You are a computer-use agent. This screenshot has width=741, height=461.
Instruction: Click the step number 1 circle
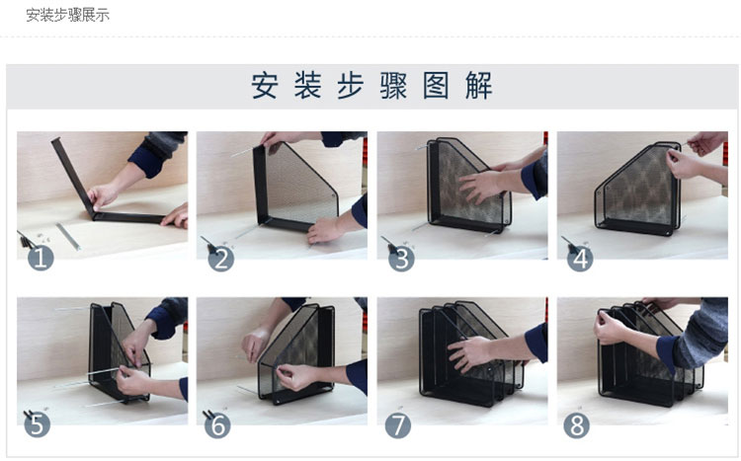(41, 259)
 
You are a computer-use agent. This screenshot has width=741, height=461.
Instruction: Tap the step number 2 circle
(220, 259)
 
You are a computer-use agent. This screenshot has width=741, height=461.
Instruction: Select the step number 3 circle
(401, 259)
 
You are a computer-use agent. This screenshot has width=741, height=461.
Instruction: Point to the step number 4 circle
(580, 259)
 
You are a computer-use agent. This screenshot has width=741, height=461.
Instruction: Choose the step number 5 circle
(37, 424)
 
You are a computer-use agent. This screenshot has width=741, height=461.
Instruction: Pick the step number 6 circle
(217, 425)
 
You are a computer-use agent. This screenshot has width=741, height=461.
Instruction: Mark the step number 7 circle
(398, 425)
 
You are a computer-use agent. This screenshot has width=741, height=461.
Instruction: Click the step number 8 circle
(577, 425)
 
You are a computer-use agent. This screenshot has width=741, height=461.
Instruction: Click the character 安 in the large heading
(264, 86)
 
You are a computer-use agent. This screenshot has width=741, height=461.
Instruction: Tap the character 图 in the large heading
(436, 86)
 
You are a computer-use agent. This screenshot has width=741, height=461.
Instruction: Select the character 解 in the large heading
(479, 86)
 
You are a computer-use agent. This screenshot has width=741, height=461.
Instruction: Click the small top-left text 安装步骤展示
(67, 15)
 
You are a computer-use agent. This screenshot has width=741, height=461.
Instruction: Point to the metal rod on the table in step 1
(68, 236)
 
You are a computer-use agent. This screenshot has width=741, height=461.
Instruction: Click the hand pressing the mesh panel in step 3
(480, 187)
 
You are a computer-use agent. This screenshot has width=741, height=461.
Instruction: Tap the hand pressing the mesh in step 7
(468, 353)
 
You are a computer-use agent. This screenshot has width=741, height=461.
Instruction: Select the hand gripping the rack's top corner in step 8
(611, 326)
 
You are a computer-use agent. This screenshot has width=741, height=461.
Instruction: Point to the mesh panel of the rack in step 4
(638, 186)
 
